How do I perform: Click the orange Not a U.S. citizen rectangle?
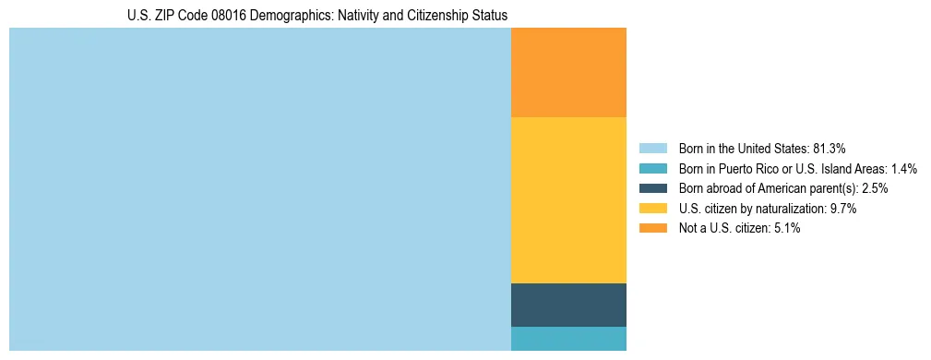click(x=568, y=72)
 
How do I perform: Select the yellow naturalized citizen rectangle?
click(x=568, y=199)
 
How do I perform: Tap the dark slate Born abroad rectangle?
click(x=568, y=305)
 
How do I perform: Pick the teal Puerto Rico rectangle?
click(x=568, y=339)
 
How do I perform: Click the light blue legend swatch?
click(x=653, y=149)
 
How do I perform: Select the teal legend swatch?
click(x=653, y=169)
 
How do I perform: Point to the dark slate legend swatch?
click(x=653, y=188)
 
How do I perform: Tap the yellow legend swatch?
click(x=653, y=209)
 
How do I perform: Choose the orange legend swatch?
click(x=653, y=229)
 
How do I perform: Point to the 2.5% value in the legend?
click(x=875, y=188)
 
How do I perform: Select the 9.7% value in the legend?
click(x=843, y=209)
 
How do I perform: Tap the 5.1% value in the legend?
click(x=786, y=229)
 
